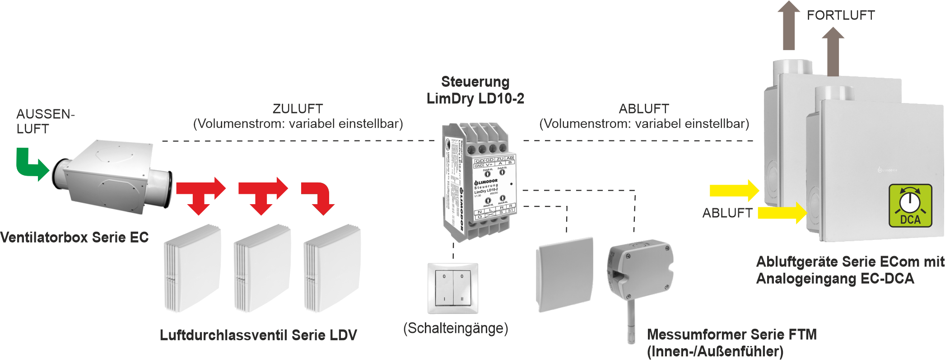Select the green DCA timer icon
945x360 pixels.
[910, 206]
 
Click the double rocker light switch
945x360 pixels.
[453, 288]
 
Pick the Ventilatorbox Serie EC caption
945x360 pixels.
[74, 238]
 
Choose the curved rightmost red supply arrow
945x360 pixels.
[320, 197]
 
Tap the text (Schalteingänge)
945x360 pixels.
[456, 328]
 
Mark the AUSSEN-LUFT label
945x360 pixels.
[45, 121]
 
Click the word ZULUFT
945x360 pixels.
[298, 109]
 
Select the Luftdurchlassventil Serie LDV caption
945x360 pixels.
[258, 335]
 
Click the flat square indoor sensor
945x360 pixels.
[564, 274]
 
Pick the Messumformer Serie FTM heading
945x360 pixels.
[732, 335]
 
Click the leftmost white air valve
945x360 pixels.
[192, 269]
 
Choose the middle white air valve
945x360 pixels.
[262, 269]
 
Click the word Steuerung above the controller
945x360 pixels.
[475, 82]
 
